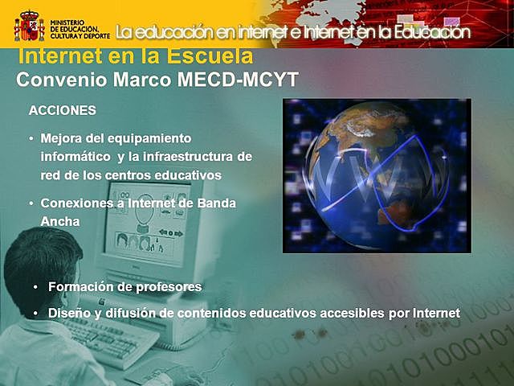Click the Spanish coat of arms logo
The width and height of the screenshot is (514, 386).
click(x=29, y=25)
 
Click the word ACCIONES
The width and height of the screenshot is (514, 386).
click(x=62, y=109)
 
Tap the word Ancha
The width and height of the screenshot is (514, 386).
click(x=60, y=220)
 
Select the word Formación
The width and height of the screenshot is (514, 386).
click(x=83, y=286)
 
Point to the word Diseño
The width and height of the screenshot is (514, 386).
click(x=70, y=313)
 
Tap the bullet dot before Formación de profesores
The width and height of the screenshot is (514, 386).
click(x=35, y=287)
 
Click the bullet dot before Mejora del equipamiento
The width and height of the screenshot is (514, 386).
click(x=31, y=139)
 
